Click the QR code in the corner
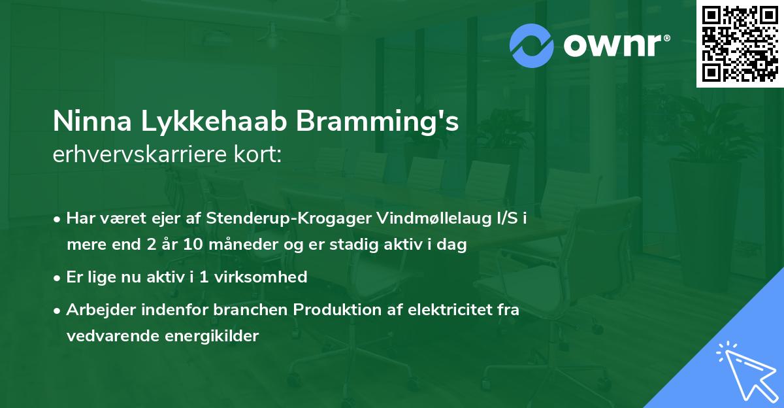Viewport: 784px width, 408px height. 740,44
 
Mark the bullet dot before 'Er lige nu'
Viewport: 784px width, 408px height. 58,277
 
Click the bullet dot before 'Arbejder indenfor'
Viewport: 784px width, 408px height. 58,310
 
